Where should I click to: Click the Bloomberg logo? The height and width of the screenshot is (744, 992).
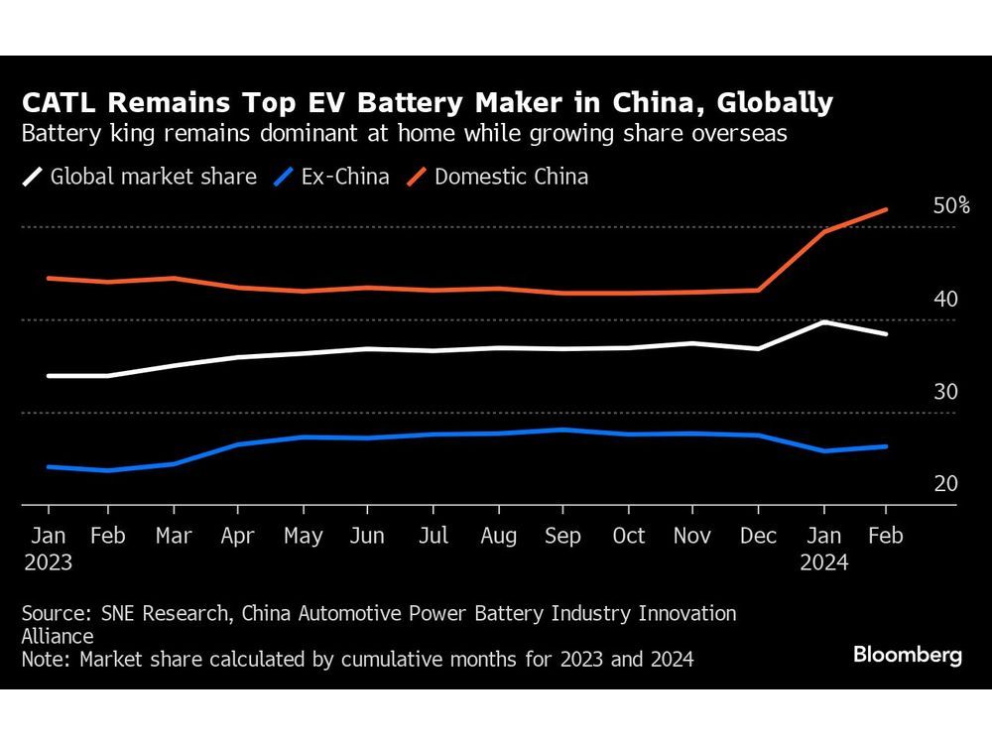907,656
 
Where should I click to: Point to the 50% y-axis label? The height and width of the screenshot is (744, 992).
951,205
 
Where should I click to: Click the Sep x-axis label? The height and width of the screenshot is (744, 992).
562,536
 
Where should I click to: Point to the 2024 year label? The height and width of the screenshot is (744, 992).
824,562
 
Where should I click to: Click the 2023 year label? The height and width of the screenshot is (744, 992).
48,562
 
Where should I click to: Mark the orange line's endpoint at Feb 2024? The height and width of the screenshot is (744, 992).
886,209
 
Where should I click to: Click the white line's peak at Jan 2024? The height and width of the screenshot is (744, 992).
822,321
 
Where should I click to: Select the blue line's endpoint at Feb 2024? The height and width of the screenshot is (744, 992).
886,446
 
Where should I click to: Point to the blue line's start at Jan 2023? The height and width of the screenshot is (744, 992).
49,466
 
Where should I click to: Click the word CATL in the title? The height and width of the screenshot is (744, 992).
59,103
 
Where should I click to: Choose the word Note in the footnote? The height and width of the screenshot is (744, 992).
43,659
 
